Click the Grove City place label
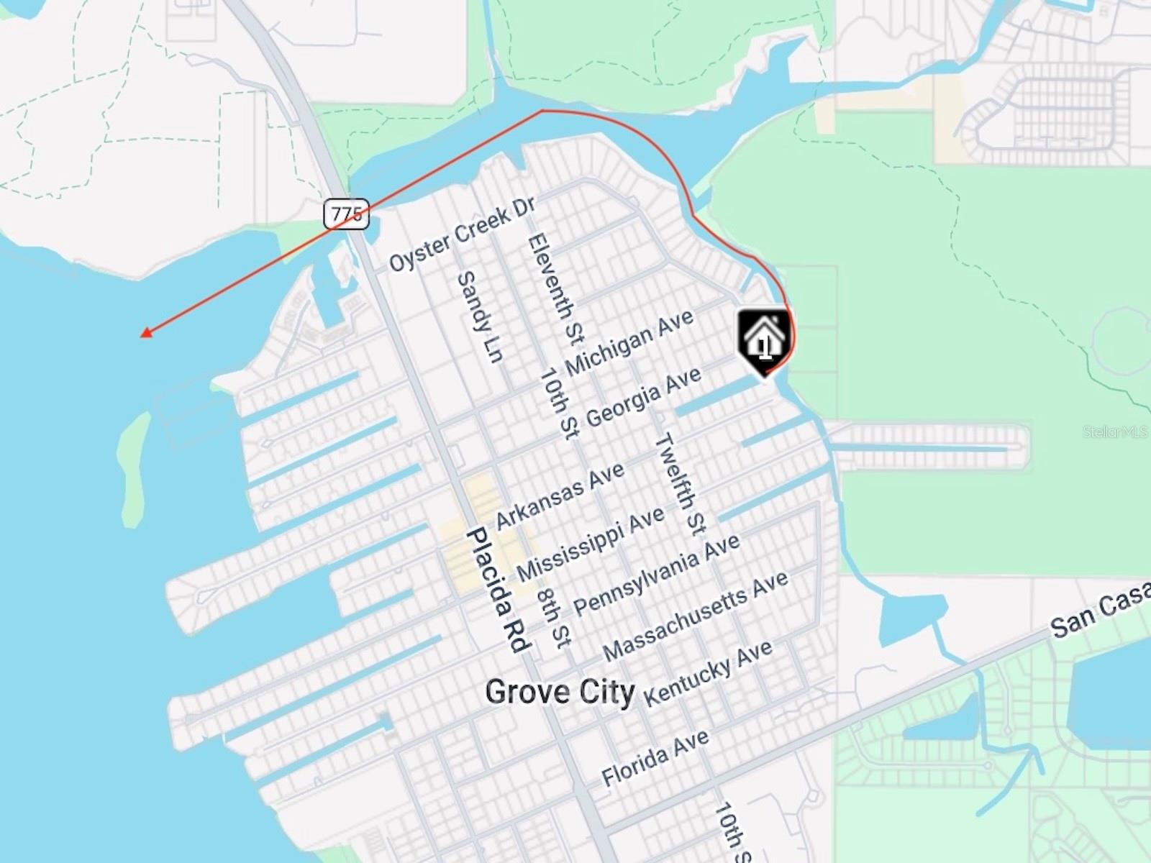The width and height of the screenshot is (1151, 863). tap(560, 692)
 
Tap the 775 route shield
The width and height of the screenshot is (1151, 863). tap(346, 214)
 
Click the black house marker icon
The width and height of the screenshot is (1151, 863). tap(764, 342)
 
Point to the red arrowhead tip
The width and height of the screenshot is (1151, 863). tap(142, 334)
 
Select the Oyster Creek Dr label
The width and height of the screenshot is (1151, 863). tap(462, 233)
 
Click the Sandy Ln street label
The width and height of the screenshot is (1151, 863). tap(480, 316)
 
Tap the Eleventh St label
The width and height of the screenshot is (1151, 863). tap(556, 288)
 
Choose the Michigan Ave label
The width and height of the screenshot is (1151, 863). tap(629, 343)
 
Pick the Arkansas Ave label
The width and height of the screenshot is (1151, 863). tap(560, 496)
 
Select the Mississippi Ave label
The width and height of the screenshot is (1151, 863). tap(591, 544)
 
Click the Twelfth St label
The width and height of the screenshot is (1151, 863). tap(680, 484)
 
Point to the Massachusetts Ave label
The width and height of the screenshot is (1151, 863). tap(696, 616)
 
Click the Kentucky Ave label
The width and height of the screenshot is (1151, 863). tap(708, 673)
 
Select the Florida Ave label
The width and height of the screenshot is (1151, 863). tap(655, 757)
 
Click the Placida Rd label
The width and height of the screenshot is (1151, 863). tap(498, 590)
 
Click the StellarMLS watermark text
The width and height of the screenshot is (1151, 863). tap(1114, 431)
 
